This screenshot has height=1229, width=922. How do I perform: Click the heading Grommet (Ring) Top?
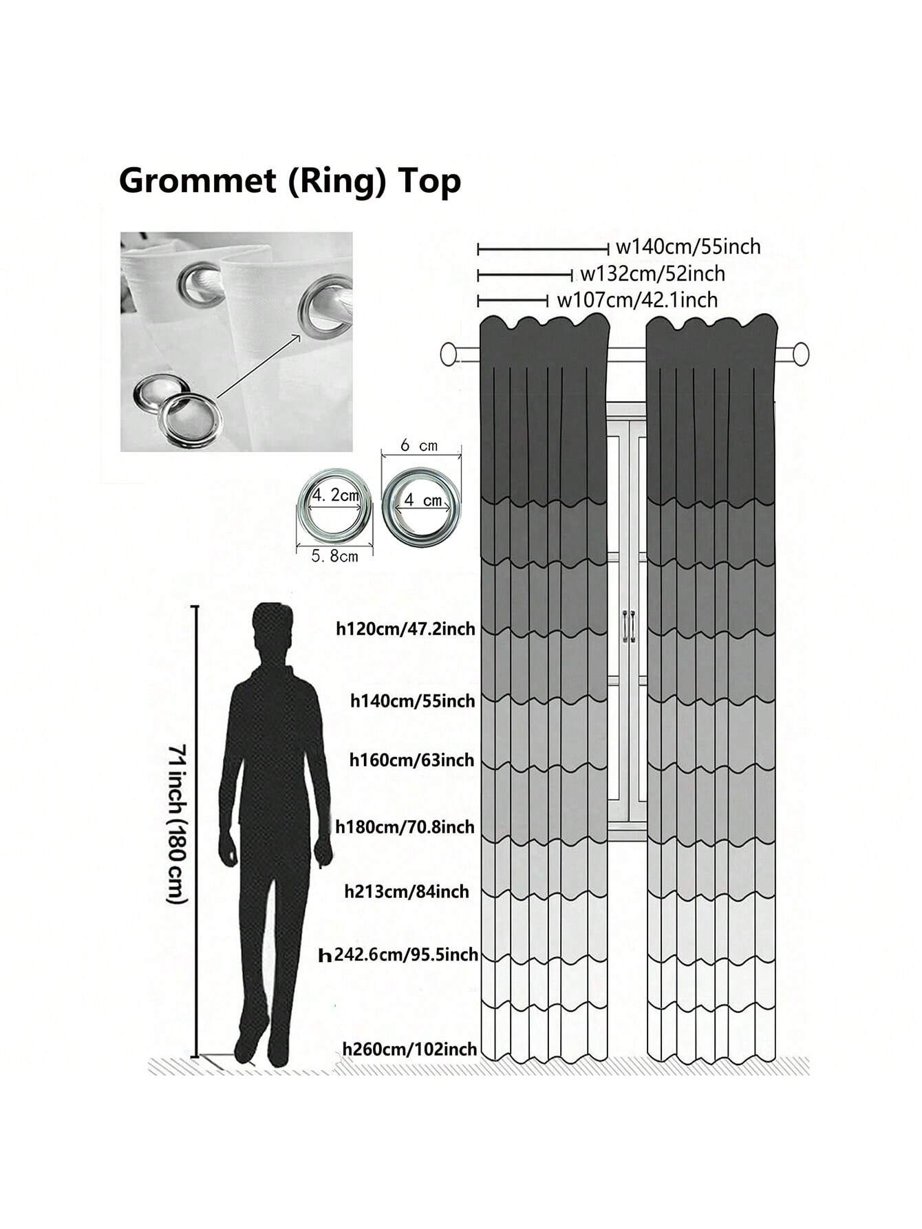[x=290, y=182]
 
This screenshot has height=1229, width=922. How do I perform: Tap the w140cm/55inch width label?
[x=687, y=246]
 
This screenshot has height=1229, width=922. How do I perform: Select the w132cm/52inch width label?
[x=652, y=274]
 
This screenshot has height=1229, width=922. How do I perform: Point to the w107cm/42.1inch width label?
[x=636, y=300]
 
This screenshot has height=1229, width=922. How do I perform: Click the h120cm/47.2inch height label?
[x=405, y=628]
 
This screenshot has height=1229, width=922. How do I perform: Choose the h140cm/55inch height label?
[x=413, y=701]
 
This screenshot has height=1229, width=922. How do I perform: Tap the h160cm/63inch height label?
[x=412, y=760]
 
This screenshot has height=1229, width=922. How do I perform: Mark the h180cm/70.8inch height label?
[x=405, y=826]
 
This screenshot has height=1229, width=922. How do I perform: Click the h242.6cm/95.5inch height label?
[x=399, y=955]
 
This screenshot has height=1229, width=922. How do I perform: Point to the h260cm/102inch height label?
[x=410, y=1049]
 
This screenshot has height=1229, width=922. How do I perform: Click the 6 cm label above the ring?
[x=419, y=446]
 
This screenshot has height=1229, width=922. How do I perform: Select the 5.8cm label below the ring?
[x=334, y=556]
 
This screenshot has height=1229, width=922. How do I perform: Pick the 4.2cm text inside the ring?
[x=336, y=495]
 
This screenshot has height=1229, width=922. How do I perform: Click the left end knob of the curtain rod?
[x=449, y=355]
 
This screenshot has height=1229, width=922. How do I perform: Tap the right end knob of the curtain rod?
[x=800, y=355]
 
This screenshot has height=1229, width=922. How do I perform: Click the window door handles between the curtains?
[x=628, y=626]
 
